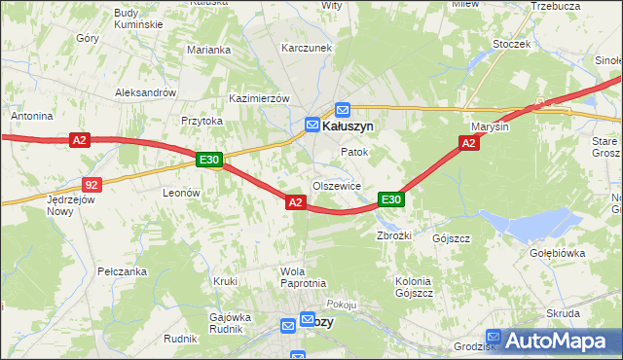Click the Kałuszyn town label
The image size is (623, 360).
click(x=348, y=126)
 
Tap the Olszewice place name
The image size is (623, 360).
click(x=337, y=186)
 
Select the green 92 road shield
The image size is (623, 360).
click(x=92, y=183)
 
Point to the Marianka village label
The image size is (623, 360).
click(x=209, y=50)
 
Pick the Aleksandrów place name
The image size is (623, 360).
click(x=145, y=92)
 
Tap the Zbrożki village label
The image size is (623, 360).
click(x=396, y=235)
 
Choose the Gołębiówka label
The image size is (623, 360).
click(x=556, y=253)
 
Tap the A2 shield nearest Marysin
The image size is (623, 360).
click(x=468, y=143)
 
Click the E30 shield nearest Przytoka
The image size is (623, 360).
click(x=209, y=160)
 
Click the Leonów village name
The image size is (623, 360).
click(x=181, y=193)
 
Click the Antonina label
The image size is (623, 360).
click(x=31, y=116)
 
